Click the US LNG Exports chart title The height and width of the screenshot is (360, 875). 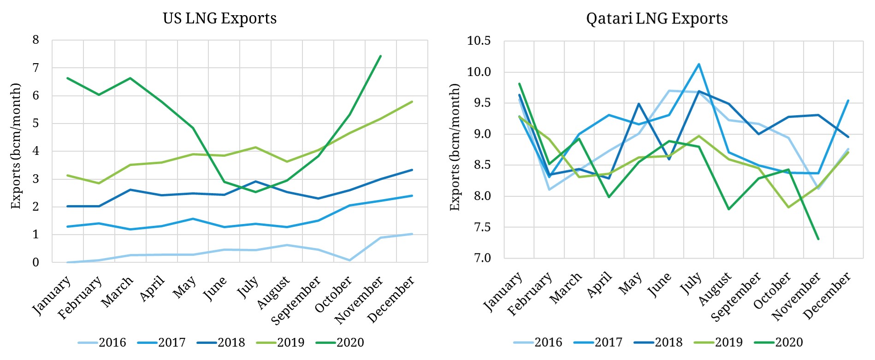click(x=219, y=18)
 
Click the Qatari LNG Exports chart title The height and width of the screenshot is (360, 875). click(x=656, y=18)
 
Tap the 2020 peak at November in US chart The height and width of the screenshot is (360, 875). click(x=380, y=56)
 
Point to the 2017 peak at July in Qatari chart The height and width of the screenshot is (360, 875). click(x=699, y=64)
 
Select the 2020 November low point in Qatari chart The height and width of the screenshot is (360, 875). click(x=818, y=239)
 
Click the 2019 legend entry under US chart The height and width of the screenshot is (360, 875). click(x=290, y=342)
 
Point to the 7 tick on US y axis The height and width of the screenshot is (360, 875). click(x=36, y=68)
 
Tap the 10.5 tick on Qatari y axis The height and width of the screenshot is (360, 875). click(x=479, y=41)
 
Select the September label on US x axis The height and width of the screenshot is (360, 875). click(x=296, y=300)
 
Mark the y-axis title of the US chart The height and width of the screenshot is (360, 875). click(x=16, y=146)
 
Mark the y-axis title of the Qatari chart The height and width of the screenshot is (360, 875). click(x=455, y=147)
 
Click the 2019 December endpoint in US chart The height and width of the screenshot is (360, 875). click(x=412, y=102)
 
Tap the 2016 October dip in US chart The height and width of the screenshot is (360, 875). click(x=349, y=260)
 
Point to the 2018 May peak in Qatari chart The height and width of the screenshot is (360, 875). click(x=639, y=104)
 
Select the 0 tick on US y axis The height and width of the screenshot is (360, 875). click(x=36, y=262)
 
